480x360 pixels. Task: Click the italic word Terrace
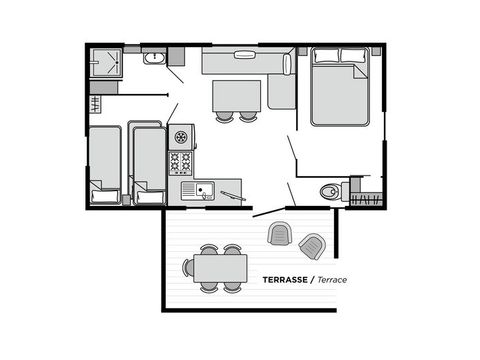point(327,279)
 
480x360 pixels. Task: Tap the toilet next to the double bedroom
point(328,191)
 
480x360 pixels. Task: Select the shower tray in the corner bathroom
point(105,63)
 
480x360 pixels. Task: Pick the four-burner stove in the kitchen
point(180,162)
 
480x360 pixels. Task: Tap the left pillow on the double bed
point(325,56)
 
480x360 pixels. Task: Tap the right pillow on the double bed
point(354,56)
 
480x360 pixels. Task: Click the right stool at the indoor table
point(248,117)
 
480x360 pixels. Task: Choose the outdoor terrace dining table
point(221,267)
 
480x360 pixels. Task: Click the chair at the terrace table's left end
point(188,267)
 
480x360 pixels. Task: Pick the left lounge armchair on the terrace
point(279,233)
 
